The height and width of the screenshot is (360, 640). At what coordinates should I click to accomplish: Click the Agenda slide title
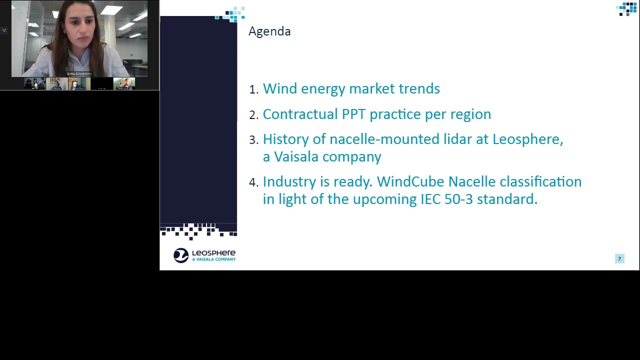269,31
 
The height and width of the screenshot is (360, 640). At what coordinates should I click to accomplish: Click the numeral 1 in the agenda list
253,89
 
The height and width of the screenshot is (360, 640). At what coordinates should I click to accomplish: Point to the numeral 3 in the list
253,140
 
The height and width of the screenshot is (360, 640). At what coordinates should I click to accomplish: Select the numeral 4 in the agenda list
253,182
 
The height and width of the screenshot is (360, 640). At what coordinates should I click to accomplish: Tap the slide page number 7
619,258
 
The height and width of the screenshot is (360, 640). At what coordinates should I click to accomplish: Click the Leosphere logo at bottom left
204,255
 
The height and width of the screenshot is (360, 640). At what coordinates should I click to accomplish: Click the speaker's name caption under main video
79,74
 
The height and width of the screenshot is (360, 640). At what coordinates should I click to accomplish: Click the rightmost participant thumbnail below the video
124,83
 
